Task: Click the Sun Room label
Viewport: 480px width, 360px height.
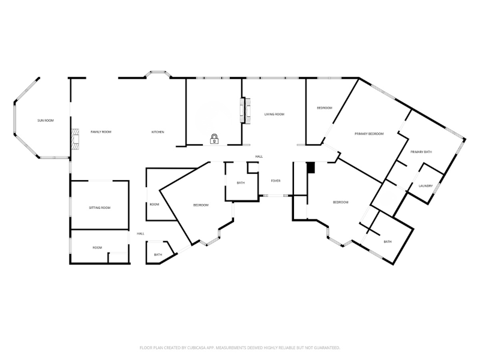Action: click(46, 121)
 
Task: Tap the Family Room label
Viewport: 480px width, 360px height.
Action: click(101, 131)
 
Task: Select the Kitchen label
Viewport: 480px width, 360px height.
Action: click(158, 131)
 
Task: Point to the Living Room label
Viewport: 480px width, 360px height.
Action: click(274, 114)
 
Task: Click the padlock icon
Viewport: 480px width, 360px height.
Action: click(214, 139)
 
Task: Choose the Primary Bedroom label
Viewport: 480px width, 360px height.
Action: click(369, 133)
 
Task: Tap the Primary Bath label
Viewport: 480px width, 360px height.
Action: click(421, 152)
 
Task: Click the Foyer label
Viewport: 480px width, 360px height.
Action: click(275, 181)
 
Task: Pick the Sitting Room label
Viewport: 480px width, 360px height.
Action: click(100, 208)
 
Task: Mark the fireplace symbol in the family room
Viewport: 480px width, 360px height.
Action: click(74, 138)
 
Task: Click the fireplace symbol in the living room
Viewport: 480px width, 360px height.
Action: click(244, 111)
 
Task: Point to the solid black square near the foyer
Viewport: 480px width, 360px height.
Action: click(310, 168)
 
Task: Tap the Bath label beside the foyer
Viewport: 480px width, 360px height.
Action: click(241, 183)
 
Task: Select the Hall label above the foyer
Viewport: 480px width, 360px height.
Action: click(259, 157)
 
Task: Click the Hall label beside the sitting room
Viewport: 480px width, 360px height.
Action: click(140, 233)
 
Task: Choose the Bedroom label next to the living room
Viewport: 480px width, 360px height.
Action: click(325, 107)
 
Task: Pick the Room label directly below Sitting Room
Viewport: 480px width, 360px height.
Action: click(97, 247)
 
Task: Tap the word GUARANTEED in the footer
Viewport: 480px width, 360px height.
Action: click(328, 347)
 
